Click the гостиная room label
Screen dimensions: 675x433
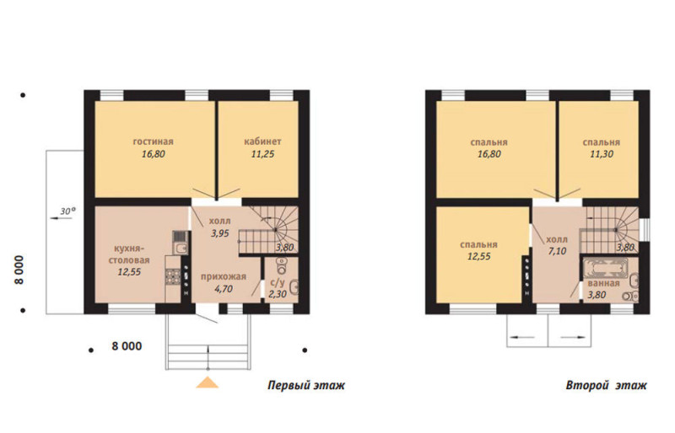[154, 142]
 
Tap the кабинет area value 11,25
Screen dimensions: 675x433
[262, 154]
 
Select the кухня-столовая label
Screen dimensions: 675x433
[129, 254]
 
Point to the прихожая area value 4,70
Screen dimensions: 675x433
[224, 289]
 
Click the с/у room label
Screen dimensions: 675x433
[278, 283]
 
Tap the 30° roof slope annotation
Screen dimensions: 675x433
[67, 211]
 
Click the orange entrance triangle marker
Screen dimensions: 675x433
[208, 382]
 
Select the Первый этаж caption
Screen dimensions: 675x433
[306, 385]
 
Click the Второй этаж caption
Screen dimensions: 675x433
[606, 385]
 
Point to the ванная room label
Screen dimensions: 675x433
[603, 283]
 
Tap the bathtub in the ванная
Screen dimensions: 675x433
[606, 269]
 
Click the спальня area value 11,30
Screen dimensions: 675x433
[602, 154]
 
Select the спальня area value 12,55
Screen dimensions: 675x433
[478, 256]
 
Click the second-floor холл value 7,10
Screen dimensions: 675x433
[557, 251]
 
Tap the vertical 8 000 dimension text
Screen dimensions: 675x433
[19, 270]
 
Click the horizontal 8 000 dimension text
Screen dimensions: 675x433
[127, 346]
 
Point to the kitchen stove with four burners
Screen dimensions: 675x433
[173, 276]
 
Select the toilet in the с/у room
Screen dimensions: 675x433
[281, 266]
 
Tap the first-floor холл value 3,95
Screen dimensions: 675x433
[219, 233]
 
